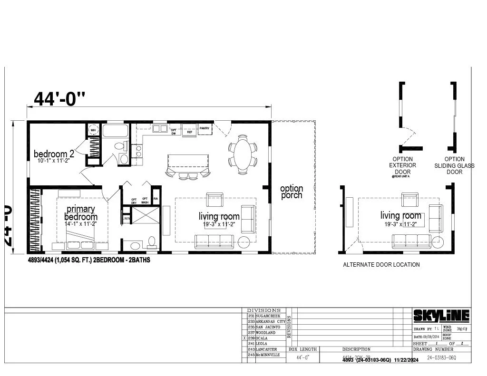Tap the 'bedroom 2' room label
tap(54, 154)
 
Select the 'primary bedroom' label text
tap(80, 212)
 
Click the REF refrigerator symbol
tap(189, 130)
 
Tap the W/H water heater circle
tap(93, 130)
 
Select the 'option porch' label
tap(291, 192)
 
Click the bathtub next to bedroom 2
tap(115, 131)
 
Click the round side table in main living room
tap(244, 242)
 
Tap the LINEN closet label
tap(127, 219)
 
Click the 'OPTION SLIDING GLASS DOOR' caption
tap(454, 165)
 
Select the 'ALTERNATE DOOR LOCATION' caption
tap(381, 265)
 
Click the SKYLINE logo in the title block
tap(441, 316)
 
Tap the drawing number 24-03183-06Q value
tap(441, 357)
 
